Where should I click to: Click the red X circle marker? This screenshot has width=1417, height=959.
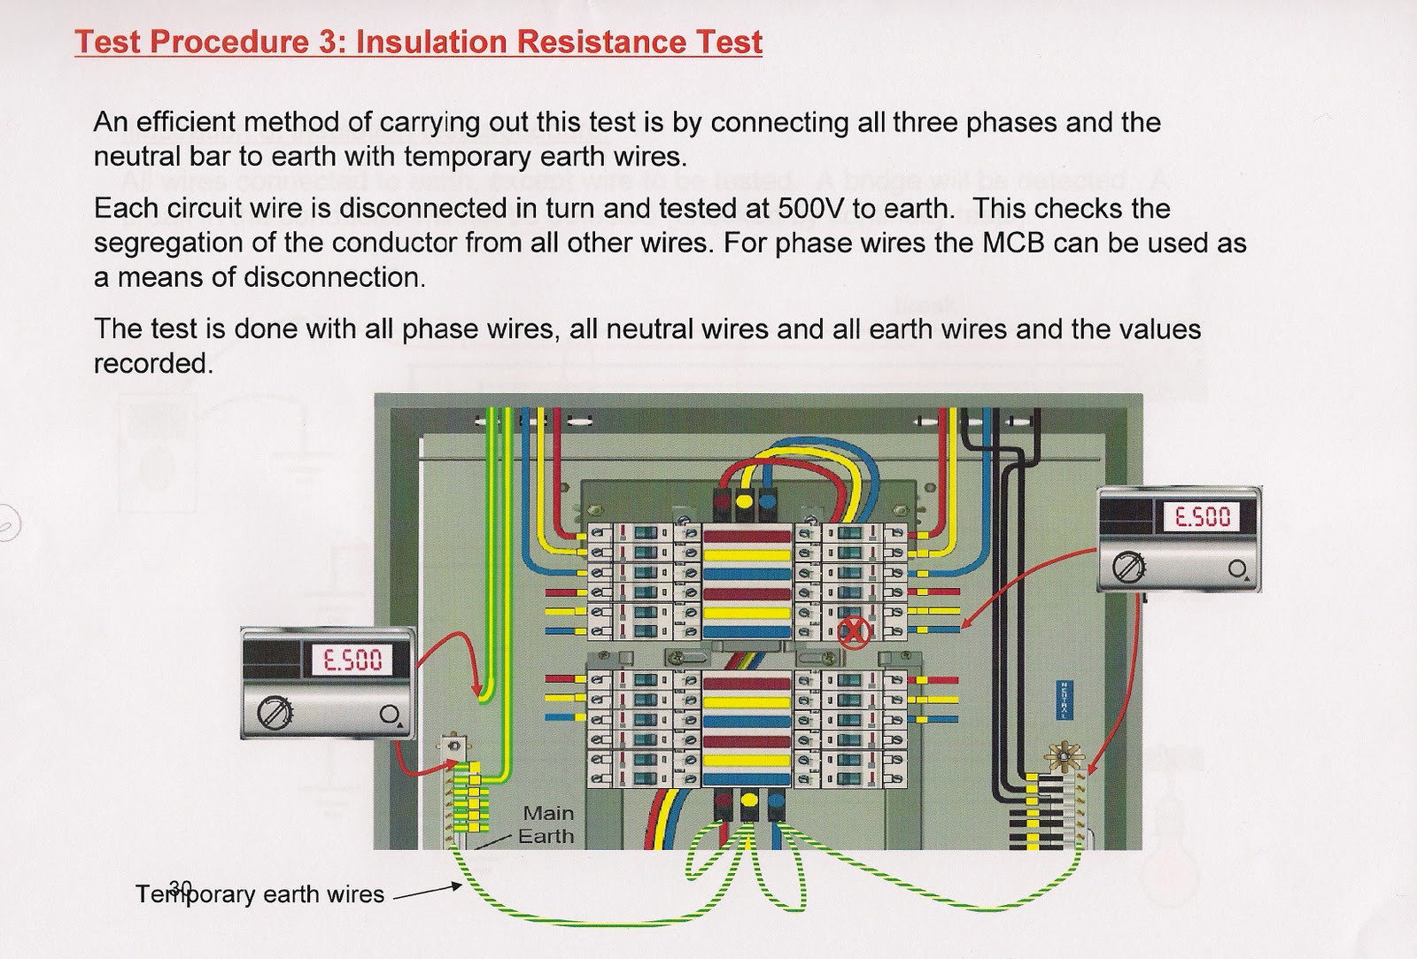(x=856, y=630)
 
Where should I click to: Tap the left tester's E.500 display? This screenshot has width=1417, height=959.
(x=352, y=660)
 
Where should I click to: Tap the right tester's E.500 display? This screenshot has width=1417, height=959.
(x=1202, y=516)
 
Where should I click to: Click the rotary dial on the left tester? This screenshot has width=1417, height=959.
(x=272, y=712)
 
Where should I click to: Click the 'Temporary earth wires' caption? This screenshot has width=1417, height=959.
(x=259, y=894)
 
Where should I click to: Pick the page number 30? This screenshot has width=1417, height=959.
(x=180, y=886)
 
